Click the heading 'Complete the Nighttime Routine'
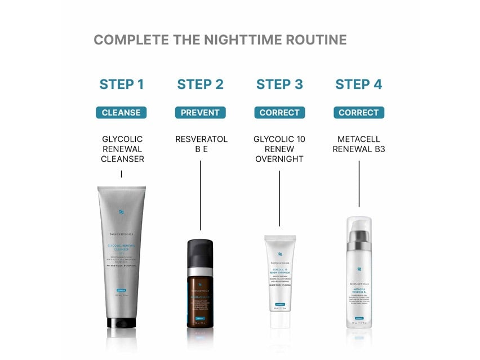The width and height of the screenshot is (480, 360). pos(220,40)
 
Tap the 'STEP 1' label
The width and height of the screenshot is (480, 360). pos(121,85)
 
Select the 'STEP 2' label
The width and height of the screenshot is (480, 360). pos(200,85)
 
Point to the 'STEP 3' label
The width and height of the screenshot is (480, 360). pos(279,85)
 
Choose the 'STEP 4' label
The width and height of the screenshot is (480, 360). pos(358,85)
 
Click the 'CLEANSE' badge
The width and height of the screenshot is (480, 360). pos(121,113)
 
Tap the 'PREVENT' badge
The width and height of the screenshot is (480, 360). pos(200,113)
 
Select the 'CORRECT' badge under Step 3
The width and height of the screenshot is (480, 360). pos(279,113)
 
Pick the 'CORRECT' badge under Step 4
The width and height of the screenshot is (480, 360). pos(358,113)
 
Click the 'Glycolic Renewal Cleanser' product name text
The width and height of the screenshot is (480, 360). pos(122,149)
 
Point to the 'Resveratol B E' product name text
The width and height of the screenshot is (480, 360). pos(201,144)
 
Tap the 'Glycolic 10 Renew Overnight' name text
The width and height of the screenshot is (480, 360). pos(279,149)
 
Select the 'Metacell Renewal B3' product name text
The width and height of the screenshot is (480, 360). pos(359,144)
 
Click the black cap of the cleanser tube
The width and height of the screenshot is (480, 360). pos(122,323)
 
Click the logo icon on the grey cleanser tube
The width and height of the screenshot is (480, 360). pos(122,212)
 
